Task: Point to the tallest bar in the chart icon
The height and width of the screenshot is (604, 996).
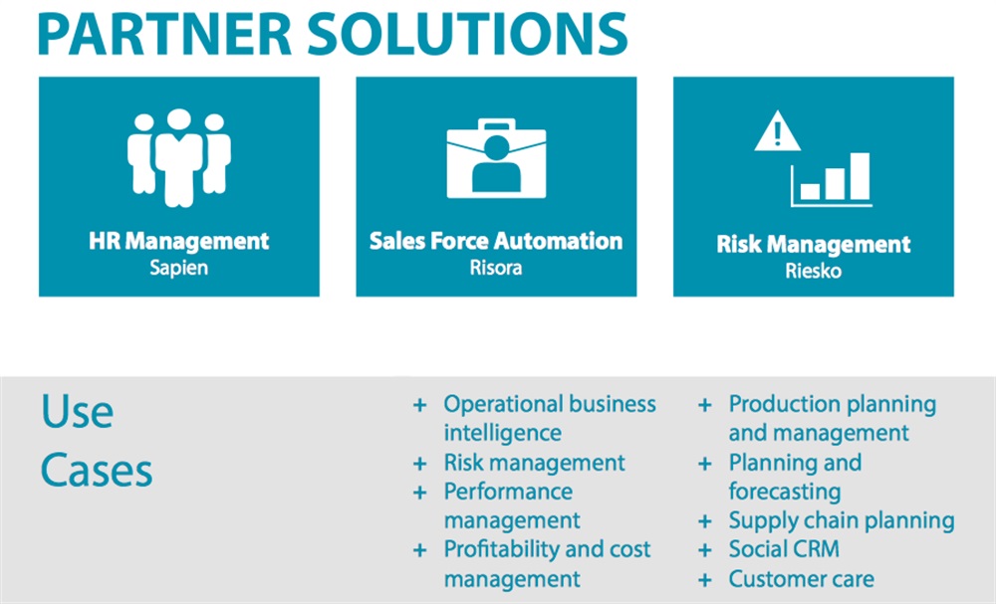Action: click(860, 177)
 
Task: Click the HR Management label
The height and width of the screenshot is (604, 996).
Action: click(179, 241)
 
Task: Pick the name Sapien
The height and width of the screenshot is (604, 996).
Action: click(179, 268)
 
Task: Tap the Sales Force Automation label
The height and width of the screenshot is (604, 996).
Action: click(496, 241)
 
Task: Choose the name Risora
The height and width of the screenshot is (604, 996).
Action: click(496, 268)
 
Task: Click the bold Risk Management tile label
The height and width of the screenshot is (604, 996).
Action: click(814, 245)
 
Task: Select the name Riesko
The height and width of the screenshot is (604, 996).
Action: click(814, 271)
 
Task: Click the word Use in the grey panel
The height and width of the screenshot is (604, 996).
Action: click(77, 411)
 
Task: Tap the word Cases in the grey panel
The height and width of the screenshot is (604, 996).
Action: click(97, 470)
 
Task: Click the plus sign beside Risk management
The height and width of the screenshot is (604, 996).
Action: click(420, 463)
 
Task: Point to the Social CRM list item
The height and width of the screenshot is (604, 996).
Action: click(784, 549)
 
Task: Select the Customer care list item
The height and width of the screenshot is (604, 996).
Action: click(801, 578)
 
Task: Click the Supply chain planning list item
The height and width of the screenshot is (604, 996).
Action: click(842, 520)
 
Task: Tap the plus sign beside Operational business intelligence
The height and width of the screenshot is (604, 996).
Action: click(420, 405)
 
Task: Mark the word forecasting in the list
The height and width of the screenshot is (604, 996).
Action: click(785, 492)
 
